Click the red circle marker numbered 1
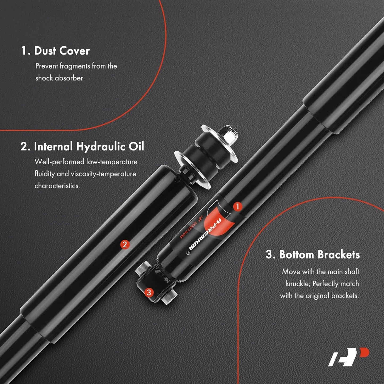[237, 206]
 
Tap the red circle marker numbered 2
[125, 244]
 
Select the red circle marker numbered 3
[149, 292]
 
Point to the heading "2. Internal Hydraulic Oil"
[82, 146]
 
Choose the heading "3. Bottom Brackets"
[313, 255]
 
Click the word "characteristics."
[57, 186]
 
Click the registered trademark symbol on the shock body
[187, 253]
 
